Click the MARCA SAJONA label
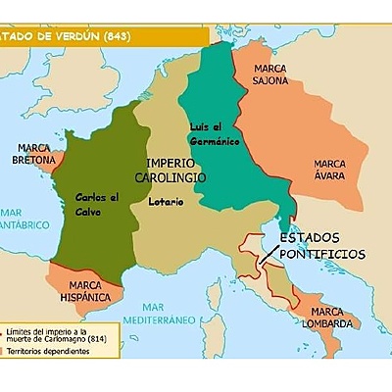(x=269, y=76)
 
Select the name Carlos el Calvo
(x=97, y=203)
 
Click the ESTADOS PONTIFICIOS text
(x=320, y=246)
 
